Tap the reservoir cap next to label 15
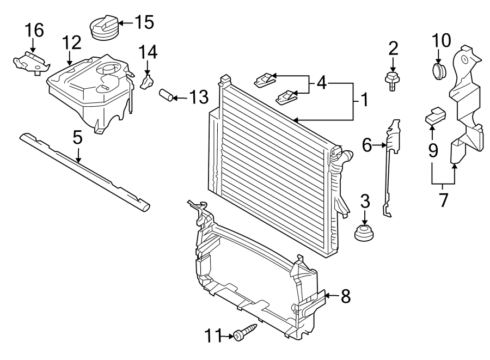tap(103, 29)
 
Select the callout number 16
tap(34, 30)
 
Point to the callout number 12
tap(71, 41)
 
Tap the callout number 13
tap(198, 97)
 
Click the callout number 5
tap(78, 137)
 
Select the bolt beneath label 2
tap(391, 81)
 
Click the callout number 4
tap(322, 84)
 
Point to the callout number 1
tap(363, 100)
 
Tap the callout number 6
tap(367, 145)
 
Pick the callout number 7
tap(443, 200)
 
